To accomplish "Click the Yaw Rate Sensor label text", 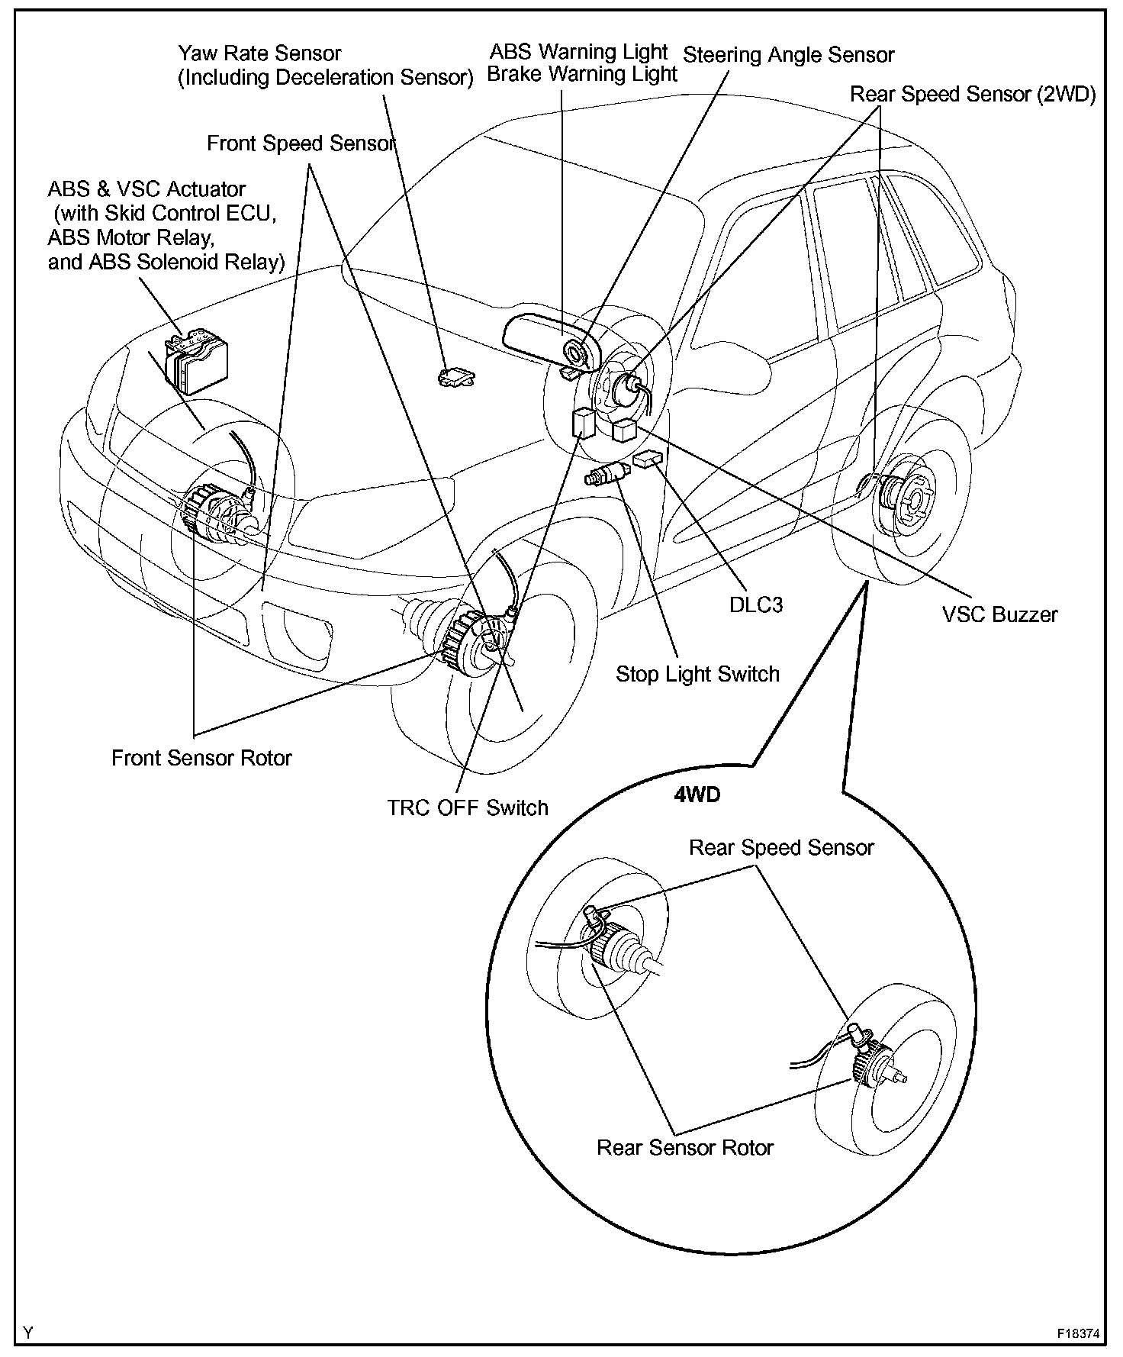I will pos(259,54).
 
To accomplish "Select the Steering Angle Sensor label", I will pos(788,55).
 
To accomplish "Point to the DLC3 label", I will pos(756,604).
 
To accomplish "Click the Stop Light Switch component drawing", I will pos(604,474).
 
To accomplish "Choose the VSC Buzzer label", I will pos(999,614).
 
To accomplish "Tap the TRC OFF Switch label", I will pos(468,807).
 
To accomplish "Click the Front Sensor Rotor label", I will pos(201,758).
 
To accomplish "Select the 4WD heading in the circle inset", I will pos(697,795).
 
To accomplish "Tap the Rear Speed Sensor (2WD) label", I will pos(973,94).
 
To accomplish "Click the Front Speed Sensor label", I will pos(301,143).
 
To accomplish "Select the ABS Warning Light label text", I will pos(578,52).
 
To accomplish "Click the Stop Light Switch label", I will pos(697,674).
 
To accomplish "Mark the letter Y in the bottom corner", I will pos(28,1333).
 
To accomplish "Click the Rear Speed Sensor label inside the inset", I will pos(781,847).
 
